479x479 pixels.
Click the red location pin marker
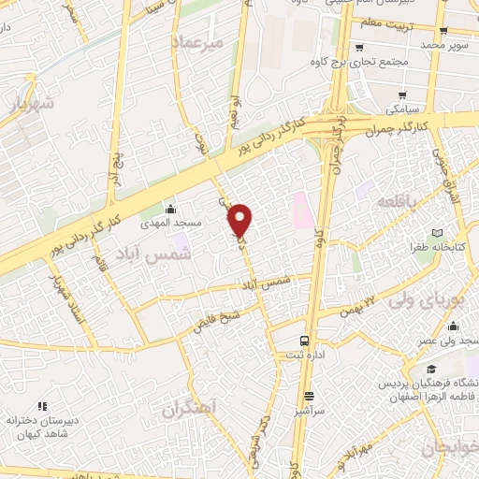click(x=240, y=221)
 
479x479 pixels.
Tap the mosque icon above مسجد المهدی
click(x=170, y=209)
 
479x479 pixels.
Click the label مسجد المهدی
click(x=169, y=225)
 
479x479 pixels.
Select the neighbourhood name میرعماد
click(x=197, y=43)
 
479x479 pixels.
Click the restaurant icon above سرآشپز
click(x=308, y=396)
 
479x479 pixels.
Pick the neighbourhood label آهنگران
click(x=187, y=409)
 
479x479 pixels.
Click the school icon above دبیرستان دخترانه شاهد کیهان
click(x=41, y=405)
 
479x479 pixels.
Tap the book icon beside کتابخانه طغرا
click(x=436, y=233)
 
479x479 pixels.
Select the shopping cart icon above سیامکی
click(x=402, y=94)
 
